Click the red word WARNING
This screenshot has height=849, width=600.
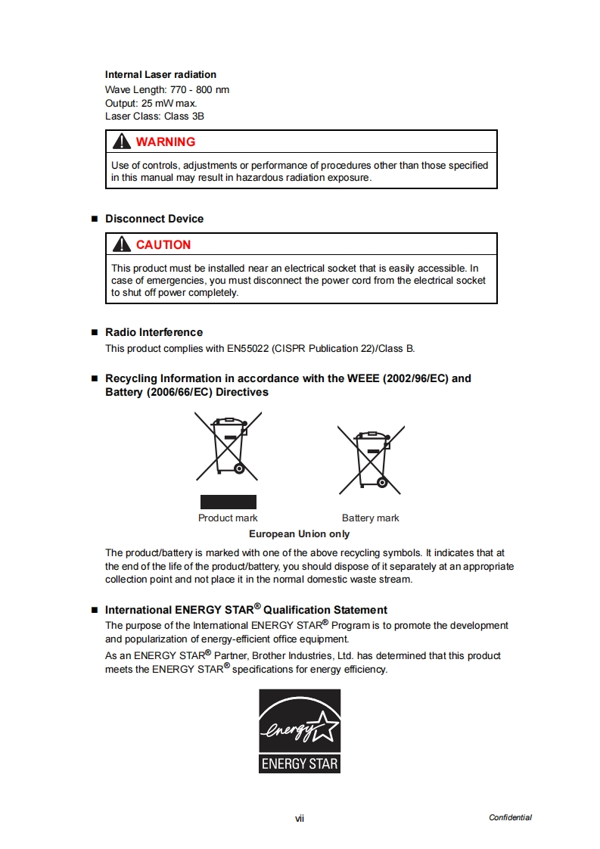pyautogui.click(x=165, y=142)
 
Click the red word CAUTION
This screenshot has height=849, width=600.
pyautogui.click(x=163, y=245)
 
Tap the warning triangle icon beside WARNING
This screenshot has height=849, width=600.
pyautogui.click(x=121, y=141)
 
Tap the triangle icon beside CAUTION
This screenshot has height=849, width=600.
pyautogui.click(x=121, y=244)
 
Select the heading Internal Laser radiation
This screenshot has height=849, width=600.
pyautogui.click(x=160, y=75)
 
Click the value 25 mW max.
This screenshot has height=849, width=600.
pyautogui.click(x=169, y=103)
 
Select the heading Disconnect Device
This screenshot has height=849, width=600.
pyautogui.click(x=154, y=219)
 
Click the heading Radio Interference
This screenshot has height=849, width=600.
pyautogui.click(x=154, y=332)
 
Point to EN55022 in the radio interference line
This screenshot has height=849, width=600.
pyautogui.click(x=247, y=349)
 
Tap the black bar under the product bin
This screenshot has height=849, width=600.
pyautogui.click(x=228, y=502)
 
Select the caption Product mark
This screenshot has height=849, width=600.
pyautogui.click(x=228, y=518)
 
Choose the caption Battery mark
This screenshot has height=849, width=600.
pyautogui.click(x=370, y=518)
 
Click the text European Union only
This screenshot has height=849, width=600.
pyautogui.click(x=300, y=534)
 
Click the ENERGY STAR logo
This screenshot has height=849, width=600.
pyautogui.click(x=300, y=731)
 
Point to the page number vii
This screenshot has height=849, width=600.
pyautogui.click(x=300, y=818)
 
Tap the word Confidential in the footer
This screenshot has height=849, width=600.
pyautogui.click(x=510, y=818)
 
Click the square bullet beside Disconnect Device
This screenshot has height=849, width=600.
pyautogui.click(x=95, y=219)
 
